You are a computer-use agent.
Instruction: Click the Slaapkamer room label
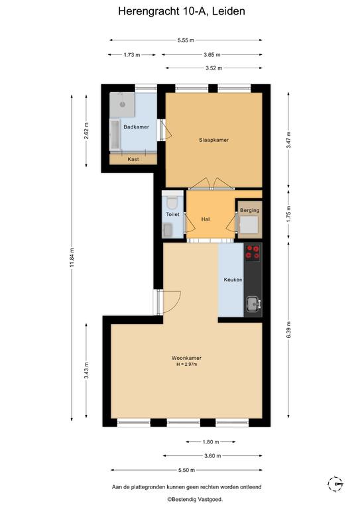[x=214, y=140]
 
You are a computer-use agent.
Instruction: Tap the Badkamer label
[x=136, y=127]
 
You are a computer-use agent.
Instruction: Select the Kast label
[x=133, y=159]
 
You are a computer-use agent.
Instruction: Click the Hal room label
[x=205, y=219]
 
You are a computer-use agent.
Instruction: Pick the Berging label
[x=250, y=210]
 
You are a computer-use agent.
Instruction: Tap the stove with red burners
[x=253, y=253]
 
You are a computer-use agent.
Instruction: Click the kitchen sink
[x=253, y=304]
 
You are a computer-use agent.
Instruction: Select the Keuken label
[x=233, y=280]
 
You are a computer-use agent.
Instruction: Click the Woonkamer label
[x=186, y=358]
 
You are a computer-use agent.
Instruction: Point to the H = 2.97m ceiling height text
[x=187, y=365]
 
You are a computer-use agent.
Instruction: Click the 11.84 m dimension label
[x=72, y=257]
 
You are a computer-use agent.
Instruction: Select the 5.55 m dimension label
[x=186, y=40]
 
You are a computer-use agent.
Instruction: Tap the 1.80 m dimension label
[x=211, y=442]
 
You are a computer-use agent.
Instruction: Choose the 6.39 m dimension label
[x=288, y=329]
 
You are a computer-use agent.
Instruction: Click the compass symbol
[x=335, y=484]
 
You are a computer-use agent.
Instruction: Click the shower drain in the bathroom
[x=123, y=104]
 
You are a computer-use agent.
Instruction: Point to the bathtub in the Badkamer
[x=115, y=135]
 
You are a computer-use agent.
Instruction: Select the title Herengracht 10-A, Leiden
[x=182, y=11]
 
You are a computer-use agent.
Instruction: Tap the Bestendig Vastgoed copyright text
[x=195, y=499]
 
